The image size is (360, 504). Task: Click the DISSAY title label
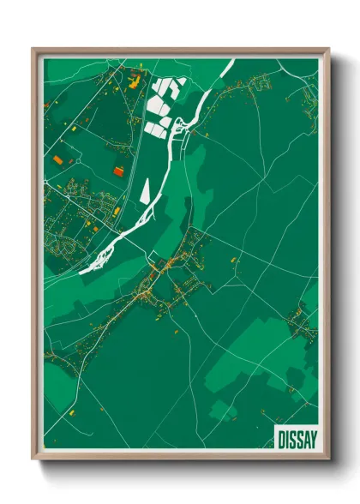(296, 438)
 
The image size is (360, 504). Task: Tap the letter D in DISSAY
(282, 438)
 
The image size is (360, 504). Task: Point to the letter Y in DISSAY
(312, 438)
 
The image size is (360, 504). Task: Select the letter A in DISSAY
(306, 438)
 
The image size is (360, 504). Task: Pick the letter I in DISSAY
(288, 438)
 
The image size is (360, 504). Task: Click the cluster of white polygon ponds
(162, 107)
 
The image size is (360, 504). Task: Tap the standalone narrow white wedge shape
(145, 190)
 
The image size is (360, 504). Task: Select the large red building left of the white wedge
(117, 171)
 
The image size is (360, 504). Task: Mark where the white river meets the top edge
(230, 61)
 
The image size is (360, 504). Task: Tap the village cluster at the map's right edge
(302, 321)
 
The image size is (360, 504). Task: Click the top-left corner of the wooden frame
(33, 48)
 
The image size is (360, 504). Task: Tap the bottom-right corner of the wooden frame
(329, 461)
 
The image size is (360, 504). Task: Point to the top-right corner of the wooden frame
(329, 48)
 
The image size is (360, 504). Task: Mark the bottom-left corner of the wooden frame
(33, 461)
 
